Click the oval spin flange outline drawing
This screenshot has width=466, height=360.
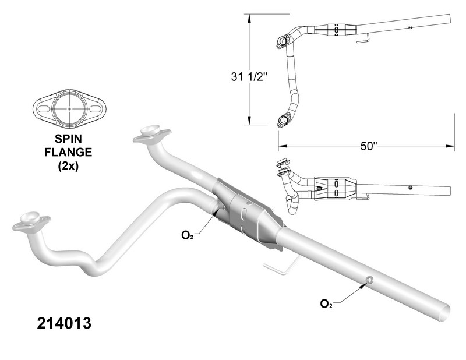68,108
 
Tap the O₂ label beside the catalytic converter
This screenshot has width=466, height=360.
187,235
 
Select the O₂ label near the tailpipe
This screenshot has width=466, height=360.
326,303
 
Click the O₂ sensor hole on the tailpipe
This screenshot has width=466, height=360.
369,282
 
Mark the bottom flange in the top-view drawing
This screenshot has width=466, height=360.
284,119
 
